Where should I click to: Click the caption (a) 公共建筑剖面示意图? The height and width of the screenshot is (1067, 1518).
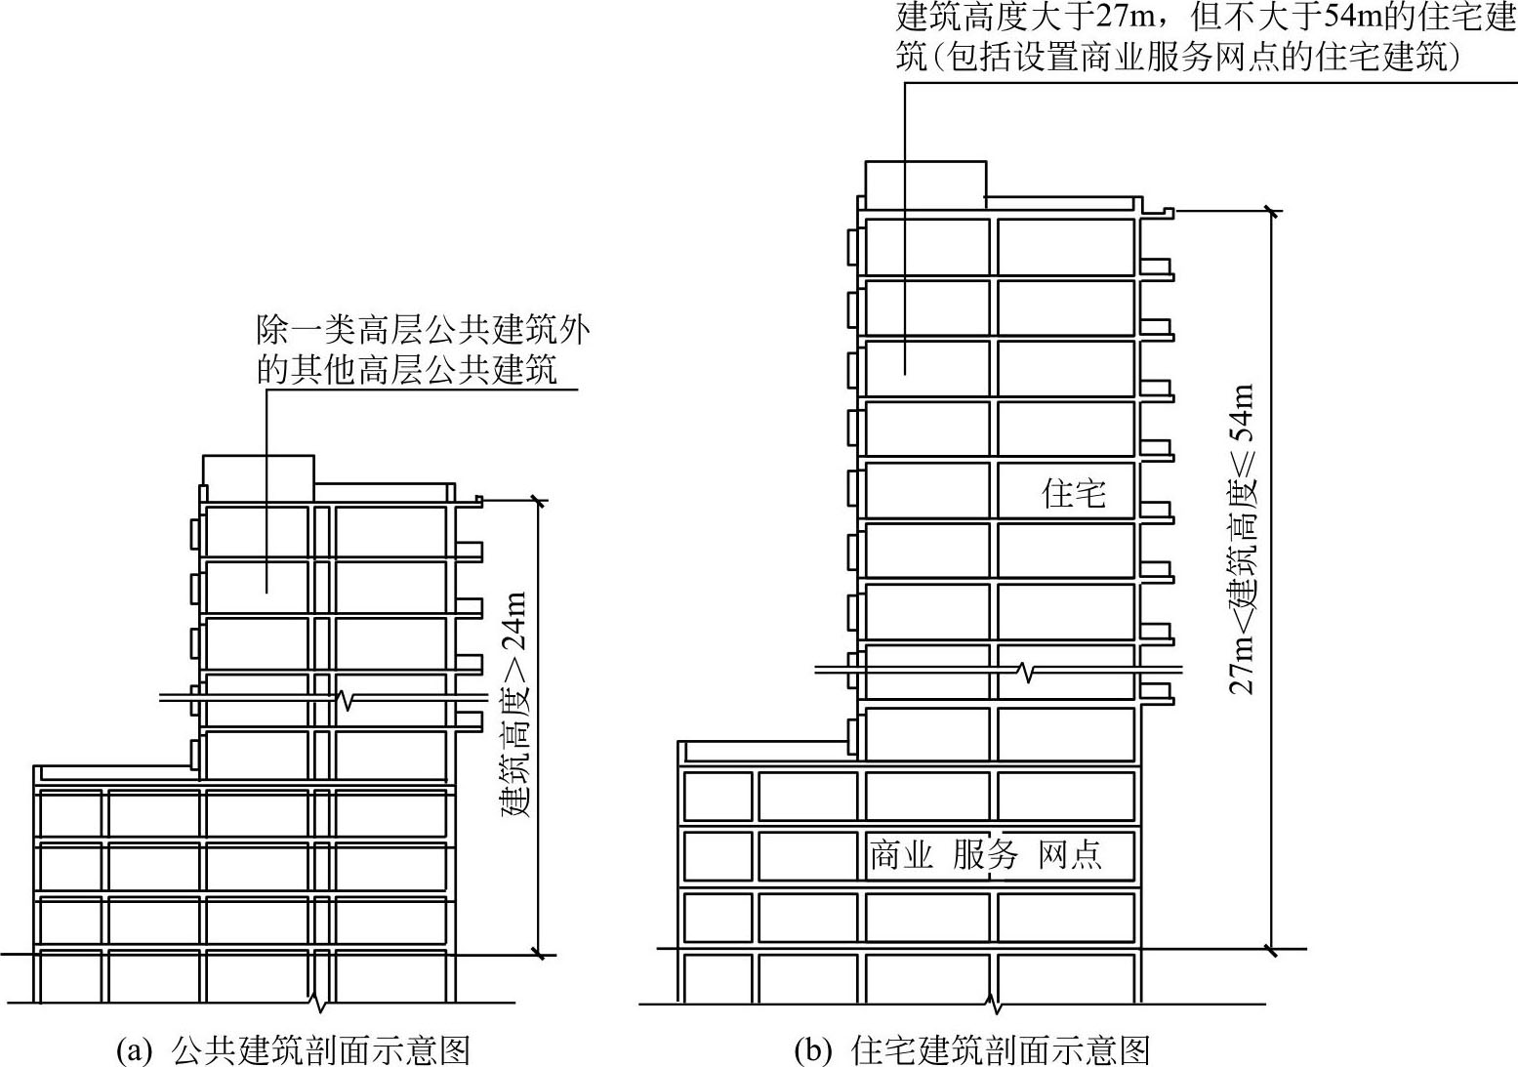coord(293,1049)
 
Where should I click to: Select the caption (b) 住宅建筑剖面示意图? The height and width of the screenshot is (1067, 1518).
coord(972,1049)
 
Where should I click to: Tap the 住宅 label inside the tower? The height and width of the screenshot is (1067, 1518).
coord(1074,493)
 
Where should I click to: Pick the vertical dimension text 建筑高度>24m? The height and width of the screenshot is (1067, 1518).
coord(514,704)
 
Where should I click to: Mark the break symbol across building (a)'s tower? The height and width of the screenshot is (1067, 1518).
coord(344,699)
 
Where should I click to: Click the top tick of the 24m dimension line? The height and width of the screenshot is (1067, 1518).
coord(537,500)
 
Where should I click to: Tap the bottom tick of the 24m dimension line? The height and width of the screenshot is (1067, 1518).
coord(537,954)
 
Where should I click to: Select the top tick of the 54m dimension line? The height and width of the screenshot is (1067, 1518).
coord(1271,209)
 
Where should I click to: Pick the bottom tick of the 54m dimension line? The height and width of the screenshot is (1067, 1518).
coord(1271,948)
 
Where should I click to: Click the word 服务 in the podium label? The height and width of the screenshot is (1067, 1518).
coord(985,854)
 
